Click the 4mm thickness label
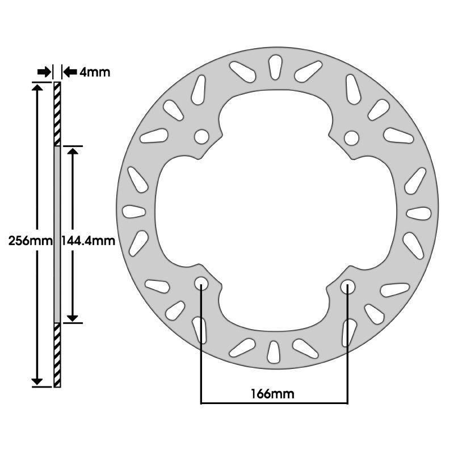pos(95,72)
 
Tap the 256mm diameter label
pos(31,241)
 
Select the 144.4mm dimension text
pos(89,241)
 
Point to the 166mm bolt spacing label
pos(272,393)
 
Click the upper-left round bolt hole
pos(201,137)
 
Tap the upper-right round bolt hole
pos(352,138)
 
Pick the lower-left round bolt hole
pos(201,283)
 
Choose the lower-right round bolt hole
pos(348,287)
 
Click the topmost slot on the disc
pos(275,67)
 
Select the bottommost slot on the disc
pos(274,352)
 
